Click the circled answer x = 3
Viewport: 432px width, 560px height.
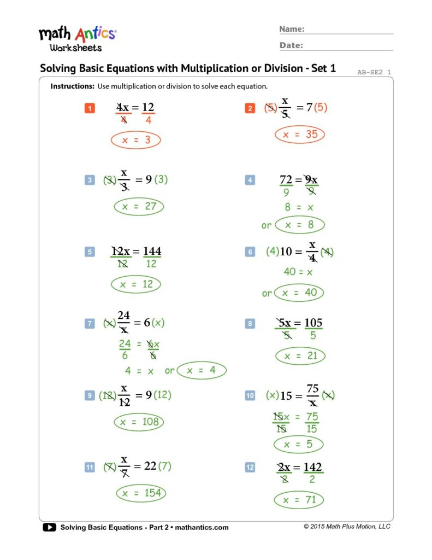[x=135, y=140]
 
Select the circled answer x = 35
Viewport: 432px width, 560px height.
[x=299, y=135]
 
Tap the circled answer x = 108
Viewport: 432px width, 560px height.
[x=139, y=422]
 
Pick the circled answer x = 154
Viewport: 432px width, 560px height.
[x=141, y=493]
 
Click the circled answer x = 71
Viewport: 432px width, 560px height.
[x=299, y=499]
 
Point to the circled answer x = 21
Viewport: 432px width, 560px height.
[x=300, y=356]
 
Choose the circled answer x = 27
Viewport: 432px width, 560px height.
[x=139, y=207]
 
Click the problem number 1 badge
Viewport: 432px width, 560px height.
[x=90, y=108]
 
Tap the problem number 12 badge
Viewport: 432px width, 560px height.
[x=250, y=467]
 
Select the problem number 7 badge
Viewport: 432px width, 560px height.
[x=90, y=323]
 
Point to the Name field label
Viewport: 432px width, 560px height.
[x=292, y=29]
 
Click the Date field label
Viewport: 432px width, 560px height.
[x=291, y=45]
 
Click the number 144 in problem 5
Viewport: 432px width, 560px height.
[x=152, y=252]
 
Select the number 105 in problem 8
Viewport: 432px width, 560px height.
[x=313, y=323]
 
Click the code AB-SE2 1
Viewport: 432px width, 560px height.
[x=374, y=72]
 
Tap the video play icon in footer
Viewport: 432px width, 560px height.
[x=49, y=527]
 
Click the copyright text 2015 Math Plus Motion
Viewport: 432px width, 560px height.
[x=347, y=527]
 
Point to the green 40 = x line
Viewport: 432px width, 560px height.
[x=298, y=272]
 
